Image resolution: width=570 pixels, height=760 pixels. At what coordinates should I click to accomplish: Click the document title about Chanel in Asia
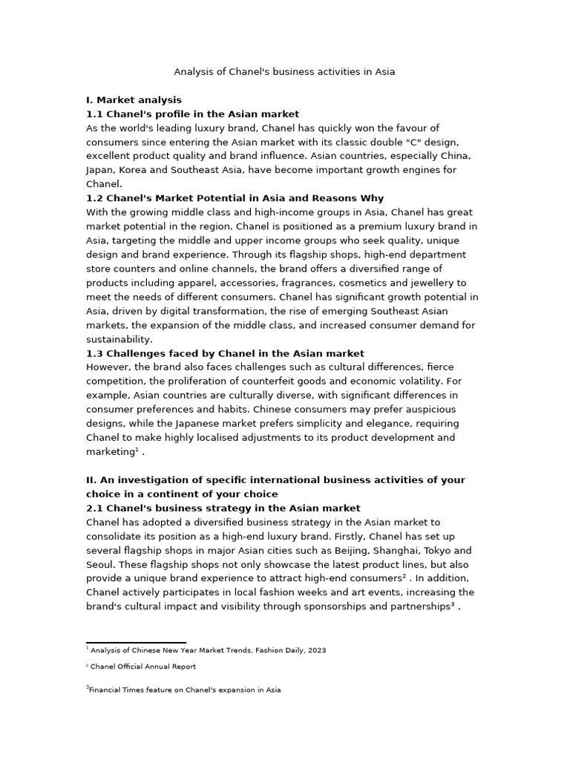284,72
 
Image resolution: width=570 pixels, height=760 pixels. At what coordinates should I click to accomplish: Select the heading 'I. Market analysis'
134,99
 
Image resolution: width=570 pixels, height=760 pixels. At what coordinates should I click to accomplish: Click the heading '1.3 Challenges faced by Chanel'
225,353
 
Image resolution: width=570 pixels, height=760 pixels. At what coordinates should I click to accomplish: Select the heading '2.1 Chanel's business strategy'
223,508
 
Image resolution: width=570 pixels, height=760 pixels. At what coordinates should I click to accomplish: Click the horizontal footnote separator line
136,643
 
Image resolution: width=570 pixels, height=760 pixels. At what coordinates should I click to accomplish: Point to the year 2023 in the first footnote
316,650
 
